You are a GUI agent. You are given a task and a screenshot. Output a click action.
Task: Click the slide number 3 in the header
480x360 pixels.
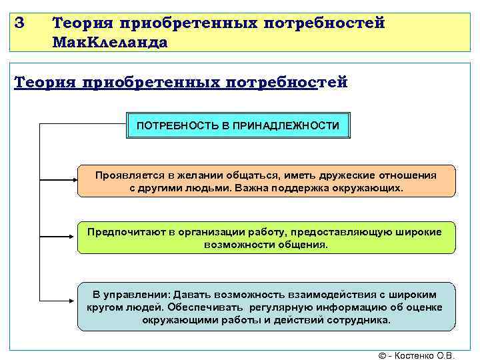(x=19, y=22)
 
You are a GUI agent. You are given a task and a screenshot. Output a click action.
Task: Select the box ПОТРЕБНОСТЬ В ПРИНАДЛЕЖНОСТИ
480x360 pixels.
(x=238, y=125)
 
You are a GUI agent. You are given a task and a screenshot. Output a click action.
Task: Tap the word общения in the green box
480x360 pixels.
(x=305, y=244)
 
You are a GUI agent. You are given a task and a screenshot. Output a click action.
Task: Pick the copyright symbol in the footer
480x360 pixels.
(x=382, y=355)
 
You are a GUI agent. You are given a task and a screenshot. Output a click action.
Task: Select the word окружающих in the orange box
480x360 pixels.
(x=374, y=188)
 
